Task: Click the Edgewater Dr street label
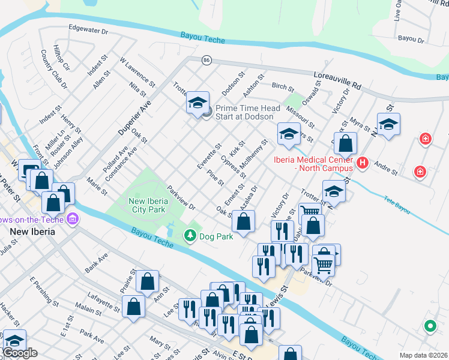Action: point(88,29)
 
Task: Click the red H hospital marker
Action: point(362,163)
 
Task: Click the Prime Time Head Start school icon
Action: point(197,103)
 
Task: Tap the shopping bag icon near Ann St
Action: point(147,281)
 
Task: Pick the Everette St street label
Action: point(210,155)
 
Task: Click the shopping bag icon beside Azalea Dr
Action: point(243,221)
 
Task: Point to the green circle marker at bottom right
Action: point(430,327)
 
